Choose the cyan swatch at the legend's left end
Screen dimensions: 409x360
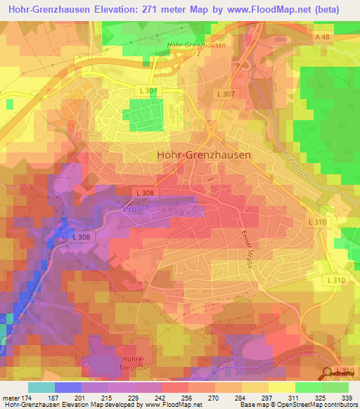pos(41,387)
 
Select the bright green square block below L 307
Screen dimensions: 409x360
pos(144,115)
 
